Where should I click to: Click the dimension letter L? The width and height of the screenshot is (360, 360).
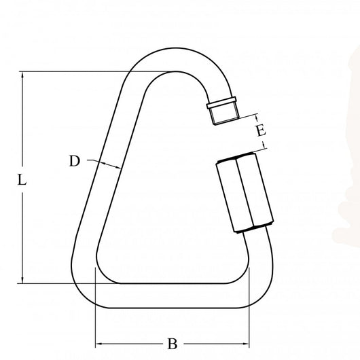tap(22, 181)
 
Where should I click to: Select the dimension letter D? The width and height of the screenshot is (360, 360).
tap(75, 161)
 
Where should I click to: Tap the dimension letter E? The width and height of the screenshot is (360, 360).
tap(261, 131)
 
